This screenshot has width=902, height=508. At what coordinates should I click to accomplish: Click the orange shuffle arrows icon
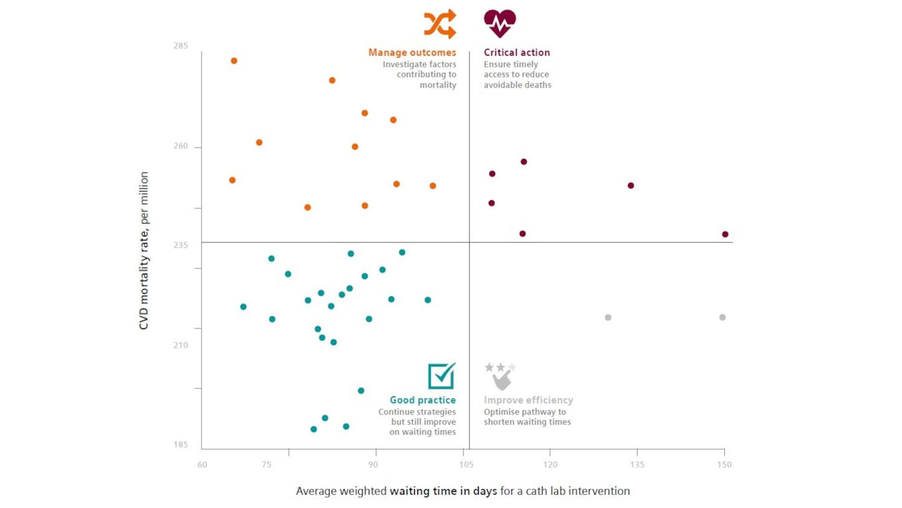(440, 24)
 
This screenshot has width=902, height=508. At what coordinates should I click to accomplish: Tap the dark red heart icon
(500, 24)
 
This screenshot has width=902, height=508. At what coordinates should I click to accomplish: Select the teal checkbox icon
(442, 376)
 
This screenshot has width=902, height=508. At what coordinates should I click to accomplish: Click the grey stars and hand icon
(501, 376)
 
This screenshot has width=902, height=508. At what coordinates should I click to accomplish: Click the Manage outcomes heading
(412, 53)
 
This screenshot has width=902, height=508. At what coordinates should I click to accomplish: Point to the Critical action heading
(516, 53)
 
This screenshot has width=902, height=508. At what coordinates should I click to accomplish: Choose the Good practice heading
(422, 400)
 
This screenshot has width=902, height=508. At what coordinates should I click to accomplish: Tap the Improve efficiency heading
(528, 400)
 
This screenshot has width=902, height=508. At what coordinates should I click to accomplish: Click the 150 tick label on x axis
(724, 464)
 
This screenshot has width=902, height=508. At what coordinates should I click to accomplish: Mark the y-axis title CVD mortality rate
(144, 251)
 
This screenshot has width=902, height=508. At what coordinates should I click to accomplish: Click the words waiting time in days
(444, 491)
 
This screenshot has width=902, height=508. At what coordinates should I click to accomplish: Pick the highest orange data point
(234, 61)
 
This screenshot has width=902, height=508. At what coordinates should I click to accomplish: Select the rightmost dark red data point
(725, 234)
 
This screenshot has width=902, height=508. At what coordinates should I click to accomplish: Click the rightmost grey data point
(723, 317)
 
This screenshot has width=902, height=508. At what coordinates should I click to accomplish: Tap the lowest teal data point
(313, 429)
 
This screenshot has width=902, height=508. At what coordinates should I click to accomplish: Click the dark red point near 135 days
(630, 186)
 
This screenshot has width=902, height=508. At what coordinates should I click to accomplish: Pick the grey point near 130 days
(608, 318)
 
